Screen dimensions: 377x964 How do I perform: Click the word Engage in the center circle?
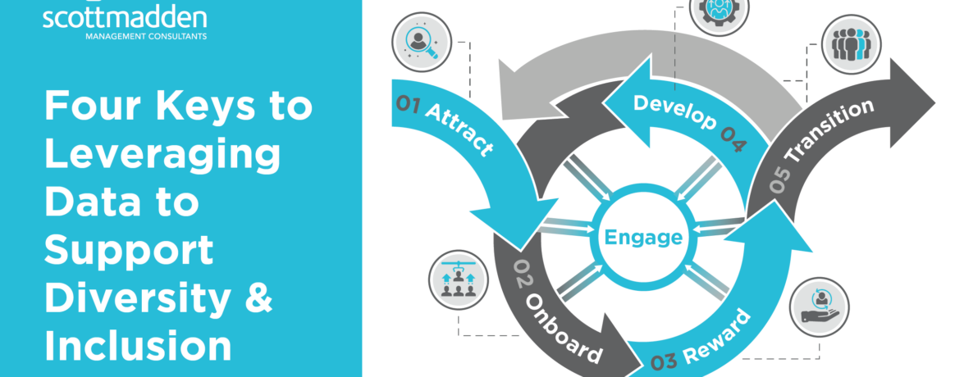(643, 238)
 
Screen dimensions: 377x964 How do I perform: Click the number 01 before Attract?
(408, 103)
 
